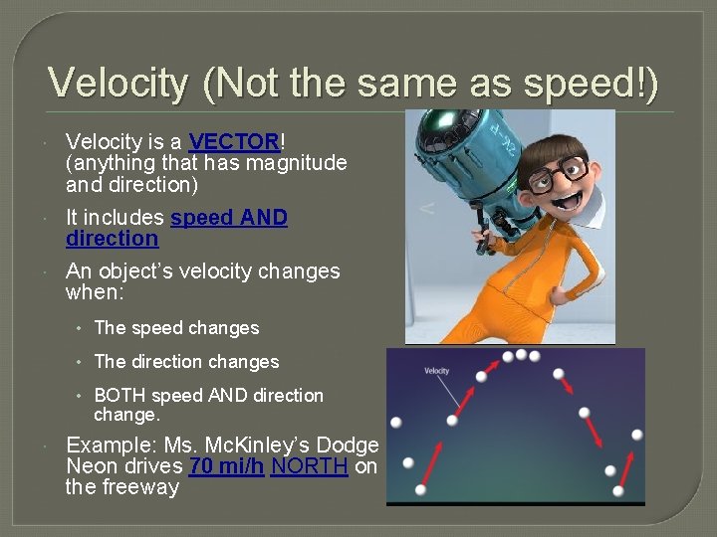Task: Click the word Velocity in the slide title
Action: (x=118, y=83)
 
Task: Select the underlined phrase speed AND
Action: (x=229, y=218)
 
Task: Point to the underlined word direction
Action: (x=112, y=239)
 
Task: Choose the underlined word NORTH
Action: (x=309, y=466)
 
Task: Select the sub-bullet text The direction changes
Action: (x=186, y=362)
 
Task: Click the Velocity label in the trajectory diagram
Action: (x=437, y=371)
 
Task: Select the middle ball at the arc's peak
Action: (x=521, y=354)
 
